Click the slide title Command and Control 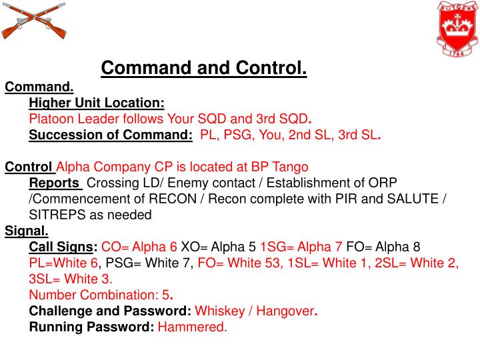[204, 68]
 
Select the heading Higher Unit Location [97, 103]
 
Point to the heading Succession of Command [111, 135]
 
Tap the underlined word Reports [55, 183]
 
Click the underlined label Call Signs [63, 247]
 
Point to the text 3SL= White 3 [71, 279]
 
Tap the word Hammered [192, 327]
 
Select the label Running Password [91, 327]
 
